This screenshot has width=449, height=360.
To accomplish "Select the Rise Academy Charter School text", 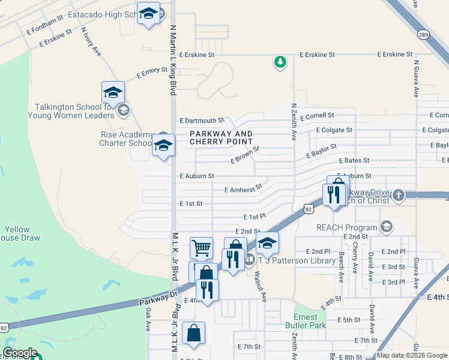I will pyautogui.click(x=127, y=139).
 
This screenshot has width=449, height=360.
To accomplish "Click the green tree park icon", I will pyautogui.click(x=280, y=62).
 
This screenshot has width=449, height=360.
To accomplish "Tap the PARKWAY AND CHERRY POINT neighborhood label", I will pyautogui.click(x=221, y=137).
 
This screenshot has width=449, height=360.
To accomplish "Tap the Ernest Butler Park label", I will pyautogui.click(x=310, y=321).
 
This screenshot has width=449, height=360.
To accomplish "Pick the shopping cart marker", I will pyautogui.click(x=201, y=247).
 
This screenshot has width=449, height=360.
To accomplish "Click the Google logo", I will pyautogui.click(x=20, y=353).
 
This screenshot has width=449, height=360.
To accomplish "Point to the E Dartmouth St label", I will pyautogui.click(x=201, y=121).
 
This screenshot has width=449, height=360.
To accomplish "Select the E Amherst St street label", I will pyautogui.click(x=243, y=189).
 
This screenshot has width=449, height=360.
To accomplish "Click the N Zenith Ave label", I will pyautogui.click(x=294, y=122).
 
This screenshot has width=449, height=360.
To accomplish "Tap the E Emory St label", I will pyautogui.click(x=152, y=73).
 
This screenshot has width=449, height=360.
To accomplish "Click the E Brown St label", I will pyautogui.click(x=245, y=155).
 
